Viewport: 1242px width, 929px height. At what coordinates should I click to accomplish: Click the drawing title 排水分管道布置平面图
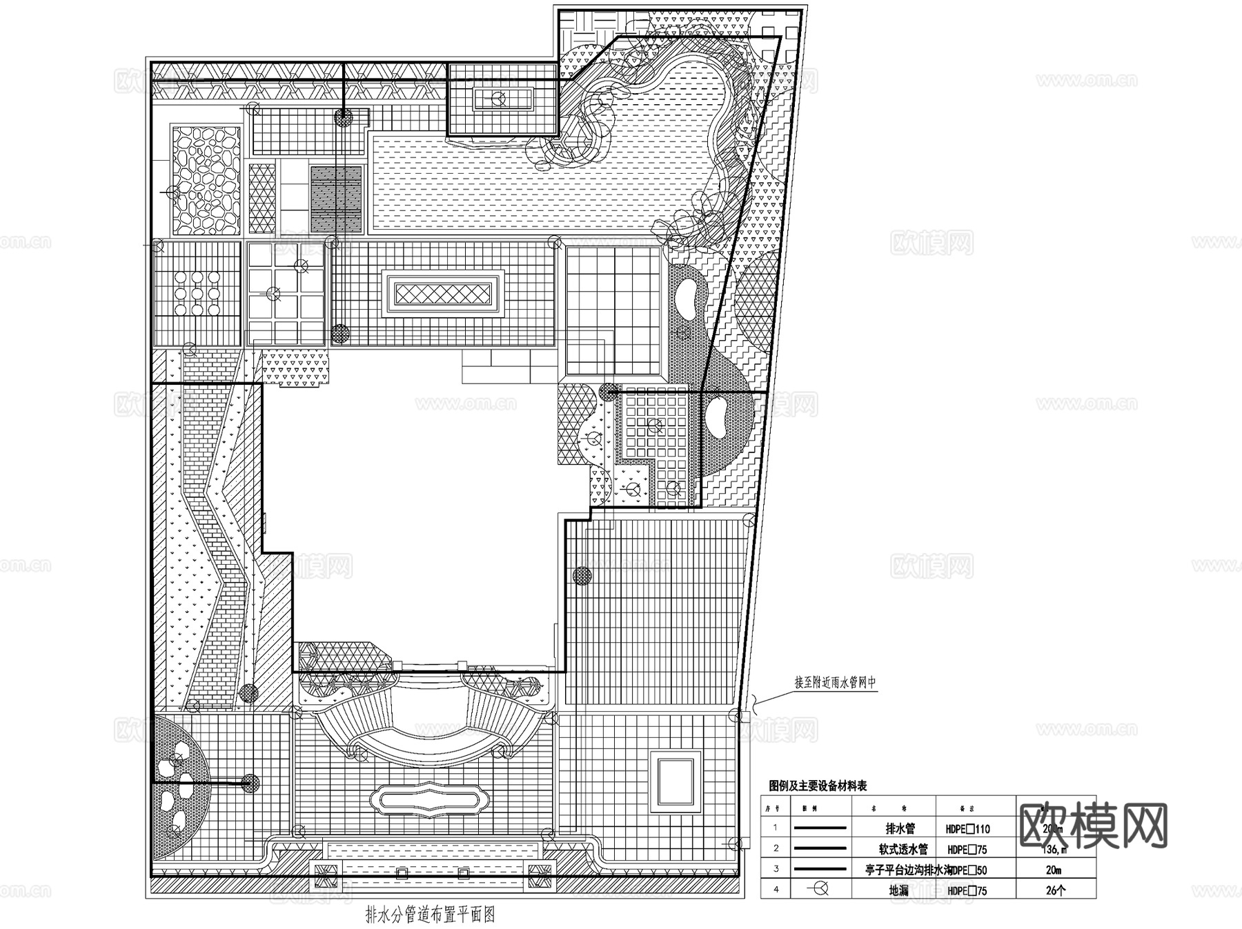(431, 915)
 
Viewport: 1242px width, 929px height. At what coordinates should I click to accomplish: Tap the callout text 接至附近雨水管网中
(835, 683)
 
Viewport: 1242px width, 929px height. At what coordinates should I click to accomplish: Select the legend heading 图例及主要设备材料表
(818, 786)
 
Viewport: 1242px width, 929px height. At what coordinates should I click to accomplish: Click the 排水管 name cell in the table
(900, 829)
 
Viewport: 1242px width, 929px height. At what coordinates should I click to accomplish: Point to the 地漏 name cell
(899, 890)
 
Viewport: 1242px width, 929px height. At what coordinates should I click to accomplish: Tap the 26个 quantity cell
(1055, 890)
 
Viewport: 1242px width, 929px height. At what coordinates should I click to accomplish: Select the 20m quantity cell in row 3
(1055, 870)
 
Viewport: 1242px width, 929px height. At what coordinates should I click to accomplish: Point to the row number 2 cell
(776, 849)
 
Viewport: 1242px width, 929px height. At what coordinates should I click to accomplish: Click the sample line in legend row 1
(820, 828)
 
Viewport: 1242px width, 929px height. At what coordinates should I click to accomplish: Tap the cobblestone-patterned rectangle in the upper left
(206, 179)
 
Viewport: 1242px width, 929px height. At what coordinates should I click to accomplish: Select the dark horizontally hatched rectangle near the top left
(336, 198)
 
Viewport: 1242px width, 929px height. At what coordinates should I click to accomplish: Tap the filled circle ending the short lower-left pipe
(250, 782)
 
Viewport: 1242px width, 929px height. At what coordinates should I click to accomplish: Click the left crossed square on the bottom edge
(328, 876)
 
